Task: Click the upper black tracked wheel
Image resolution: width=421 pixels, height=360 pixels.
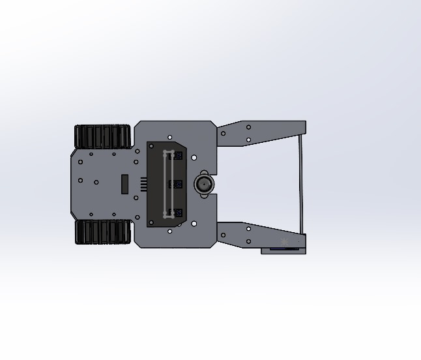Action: point(102,137)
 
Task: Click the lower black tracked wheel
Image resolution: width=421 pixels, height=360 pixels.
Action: point(102,232)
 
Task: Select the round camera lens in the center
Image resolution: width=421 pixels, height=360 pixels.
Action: point(204,184)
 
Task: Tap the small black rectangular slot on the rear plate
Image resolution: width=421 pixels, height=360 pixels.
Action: point(124,184)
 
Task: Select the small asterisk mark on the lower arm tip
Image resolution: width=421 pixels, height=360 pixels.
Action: point(284,243)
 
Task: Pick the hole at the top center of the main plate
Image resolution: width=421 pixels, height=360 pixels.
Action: point(170,138)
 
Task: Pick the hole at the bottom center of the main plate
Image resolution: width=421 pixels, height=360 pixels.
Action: point(170,231)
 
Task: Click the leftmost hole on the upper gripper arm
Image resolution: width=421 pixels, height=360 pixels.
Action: point(224,134)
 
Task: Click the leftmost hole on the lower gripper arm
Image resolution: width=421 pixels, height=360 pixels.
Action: point(224,235)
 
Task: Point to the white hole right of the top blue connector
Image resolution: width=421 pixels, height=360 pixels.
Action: point(194,157)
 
